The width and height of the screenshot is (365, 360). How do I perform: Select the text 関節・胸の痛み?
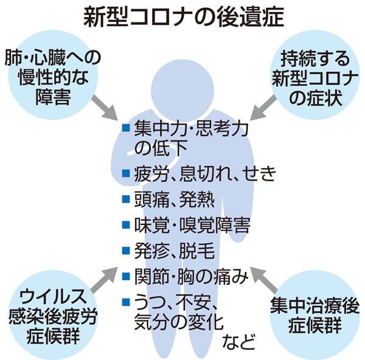[192, 275]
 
